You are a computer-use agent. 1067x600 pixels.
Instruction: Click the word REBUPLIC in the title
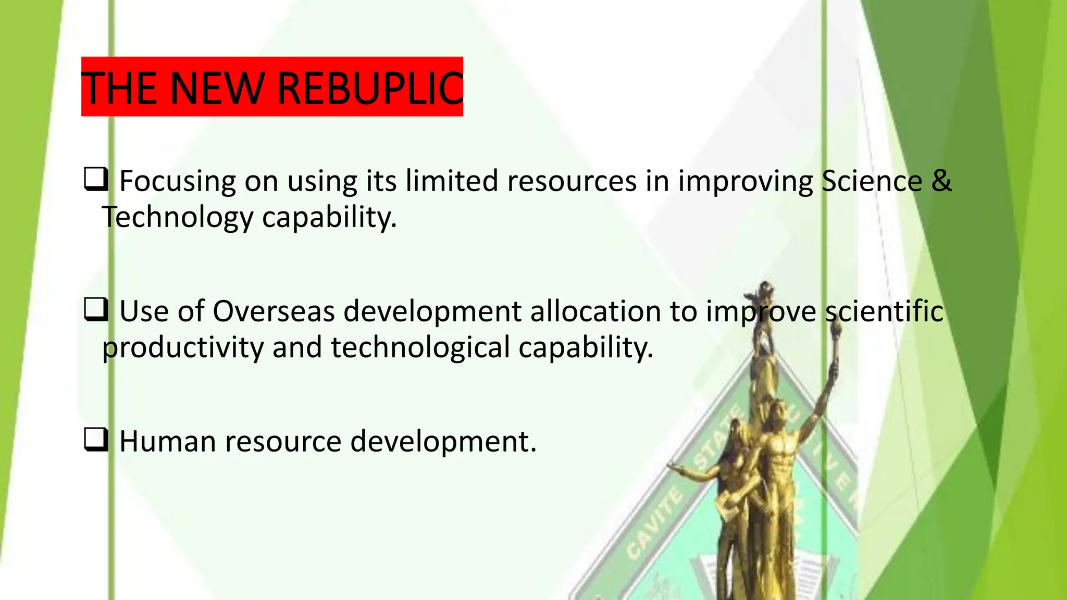[x=370, y=88]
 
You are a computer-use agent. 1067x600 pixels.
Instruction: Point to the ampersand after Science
[x=941, y=181]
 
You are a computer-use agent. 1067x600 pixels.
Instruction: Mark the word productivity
[x=183, y=348]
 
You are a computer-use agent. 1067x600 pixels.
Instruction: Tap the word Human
[x=167, y=442]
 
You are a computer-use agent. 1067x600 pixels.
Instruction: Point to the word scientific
[x=884, y=311]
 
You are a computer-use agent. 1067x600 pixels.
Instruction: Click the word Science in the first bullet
[x=871, y=181]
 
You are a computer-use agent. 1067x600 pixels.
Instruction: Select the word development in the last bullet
[x=443, y=442]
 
